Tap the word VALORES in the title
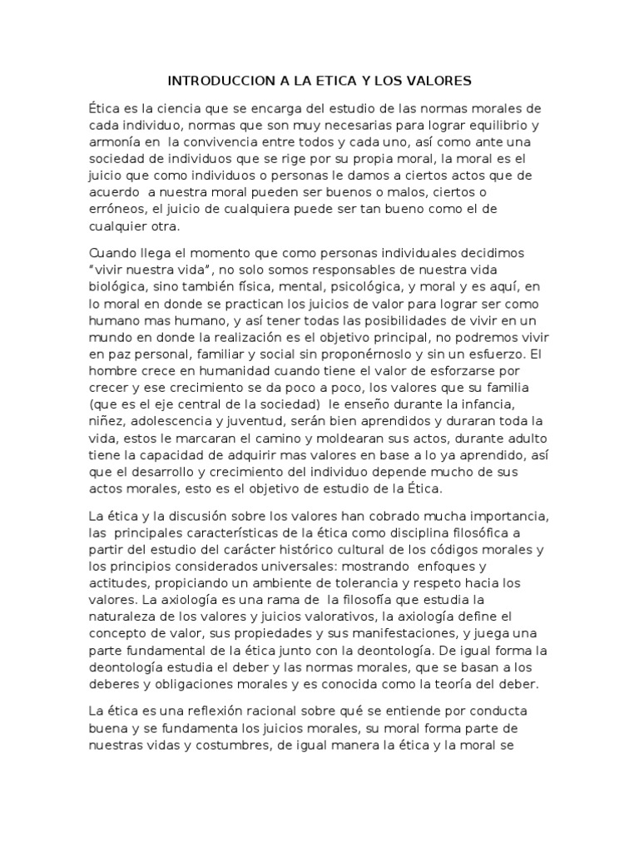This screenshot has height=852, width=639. pos(440,82)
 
